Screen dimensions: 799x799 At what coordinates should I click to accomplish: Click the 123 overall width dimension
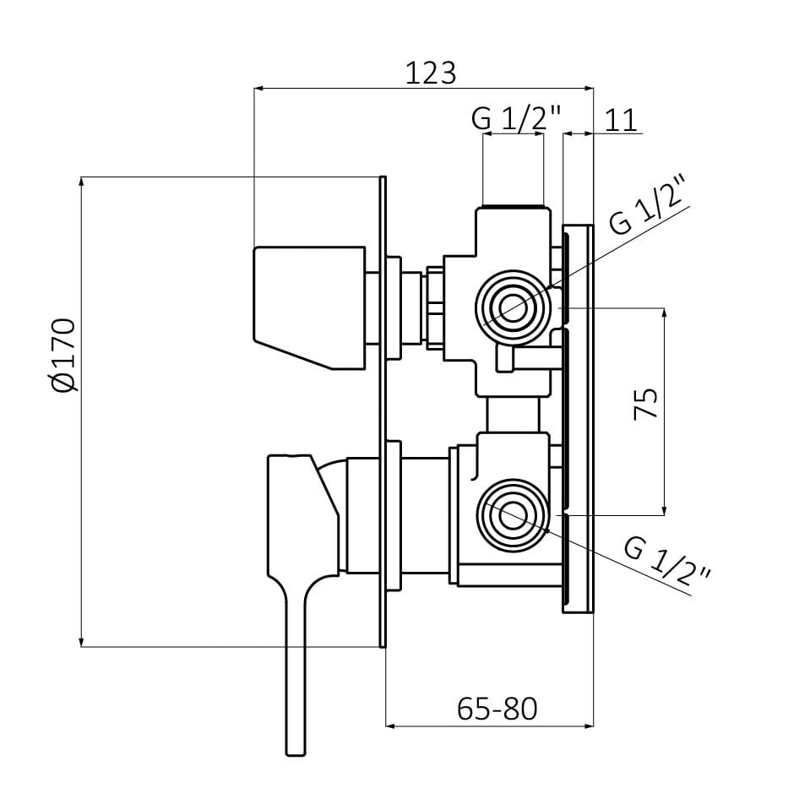[x=430, y=73]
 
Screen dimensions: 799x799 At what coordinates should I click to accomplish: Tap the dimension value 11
[x=621, y=120]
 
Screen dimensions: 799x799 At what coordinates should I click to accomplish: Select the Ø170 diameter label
[x=64, y=355]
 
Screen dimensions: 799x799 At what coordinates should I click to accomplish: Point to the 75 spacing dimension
[x=646, y=404]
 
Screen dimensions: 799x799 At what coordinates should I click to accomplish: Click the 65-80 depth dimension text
[x=497, y=708]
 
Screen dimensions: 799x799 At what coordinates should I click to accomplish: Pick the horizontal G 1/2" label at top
[x=515, y=120]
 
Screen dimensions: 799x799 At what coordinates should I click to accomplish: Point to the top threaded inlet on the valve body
[x=512, y=206]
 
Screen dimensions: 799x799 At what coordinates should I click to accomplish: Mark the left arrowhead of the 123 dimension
[x=258, y=87]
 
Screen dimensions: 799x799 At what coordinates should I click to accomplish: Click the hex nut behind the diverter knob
[x=436, y=307]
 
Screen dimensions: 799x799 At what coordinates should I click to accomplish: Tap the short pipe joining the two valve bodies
[x=513, y=415]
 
